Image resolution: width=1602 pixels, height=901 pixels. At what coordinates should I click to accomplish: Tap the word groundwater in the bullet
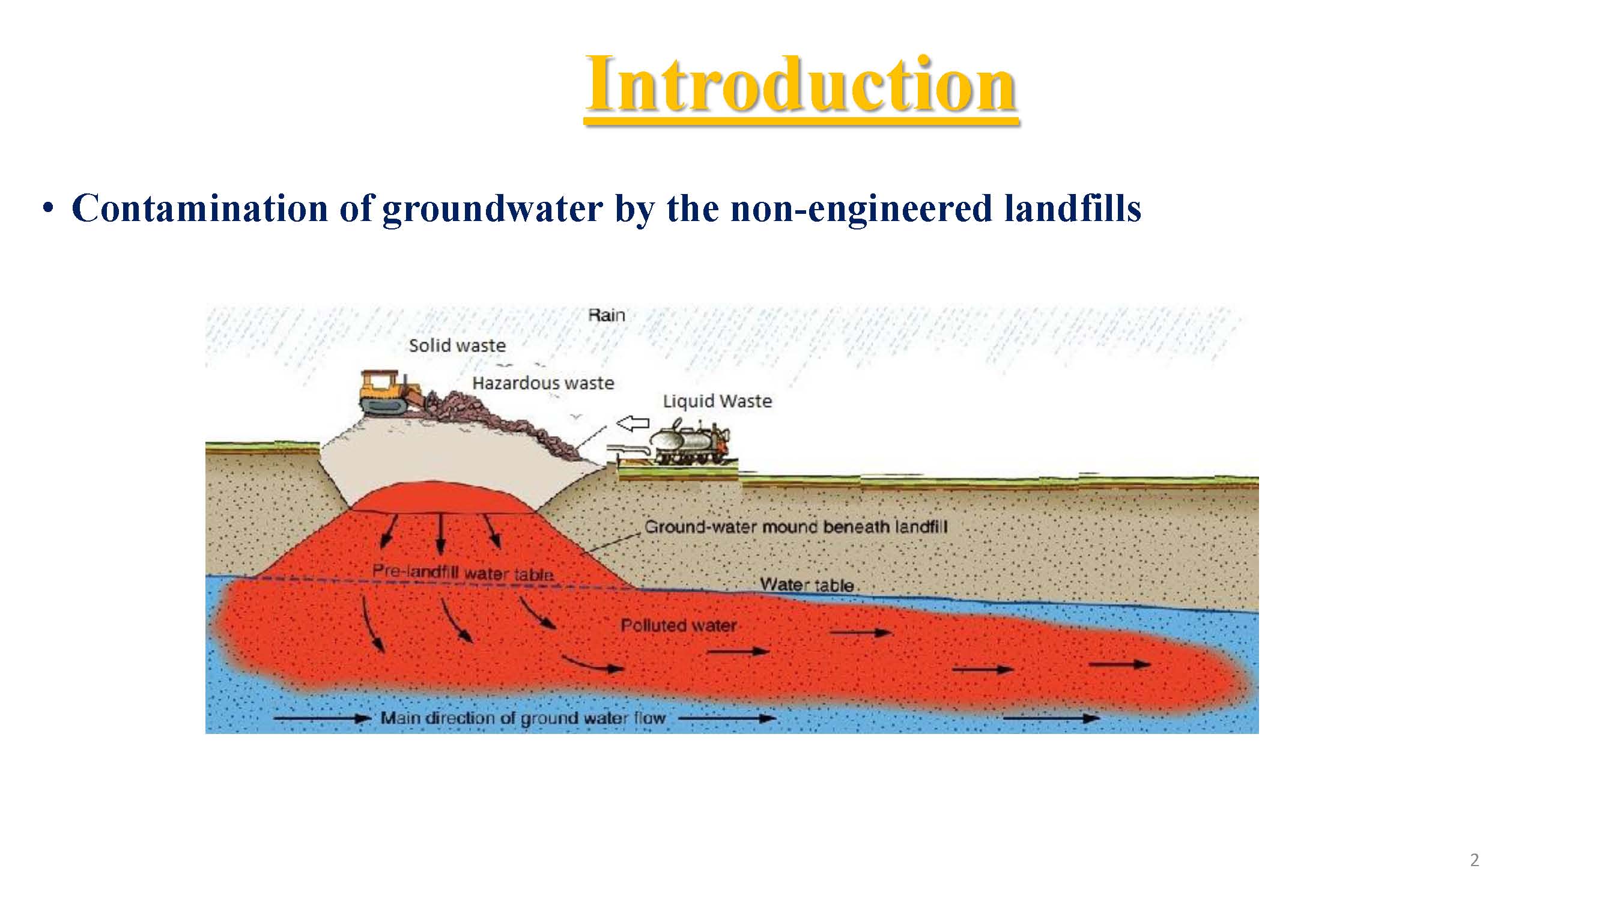[492, 209]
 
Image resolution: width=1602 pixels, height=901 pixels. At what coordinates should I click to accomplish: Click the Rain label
[606, 315]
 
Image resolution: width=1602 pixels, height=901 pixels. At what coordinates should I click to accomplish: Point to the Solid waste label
[457, 346]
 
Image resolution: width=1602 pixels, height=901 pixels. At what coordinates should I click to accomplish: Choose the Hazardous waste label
[543, 383]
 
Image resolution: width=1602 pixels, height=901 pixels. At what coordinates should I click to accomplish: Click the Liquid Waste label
[717, 402]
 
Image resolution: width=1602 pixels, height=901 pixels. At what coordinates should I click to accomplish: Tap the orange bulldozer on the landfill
[390, 392]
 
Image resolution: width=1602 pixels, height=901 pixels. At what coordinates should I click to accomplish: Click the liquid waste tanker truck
[688, 442]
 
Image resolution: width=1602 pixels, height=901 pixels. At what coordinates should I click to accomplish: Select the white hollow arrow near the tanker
[632, 424]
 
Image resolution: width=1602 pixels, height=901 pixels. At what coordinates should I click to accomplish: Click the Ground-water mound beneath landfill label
[795, 527]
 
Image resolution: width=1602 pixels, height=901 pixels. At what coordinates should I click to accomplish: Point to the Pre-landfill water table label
[463, 572]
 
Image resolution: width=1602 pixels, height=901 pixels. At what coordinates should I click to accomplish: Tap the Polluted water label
[679, 625]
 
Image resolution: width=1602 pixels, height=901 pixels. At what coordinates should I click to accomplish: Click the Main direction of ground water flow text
[523, 718]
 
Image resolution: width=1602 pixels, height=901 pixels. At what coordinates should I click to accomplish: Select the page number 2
[1475, 860]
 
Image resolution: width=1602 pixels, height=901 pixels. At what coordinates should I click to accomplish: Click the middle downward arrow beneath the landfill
[441, 533]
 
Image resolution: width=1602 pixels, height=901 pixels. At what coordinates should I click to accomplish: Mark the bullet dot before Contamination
[48, 209]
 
